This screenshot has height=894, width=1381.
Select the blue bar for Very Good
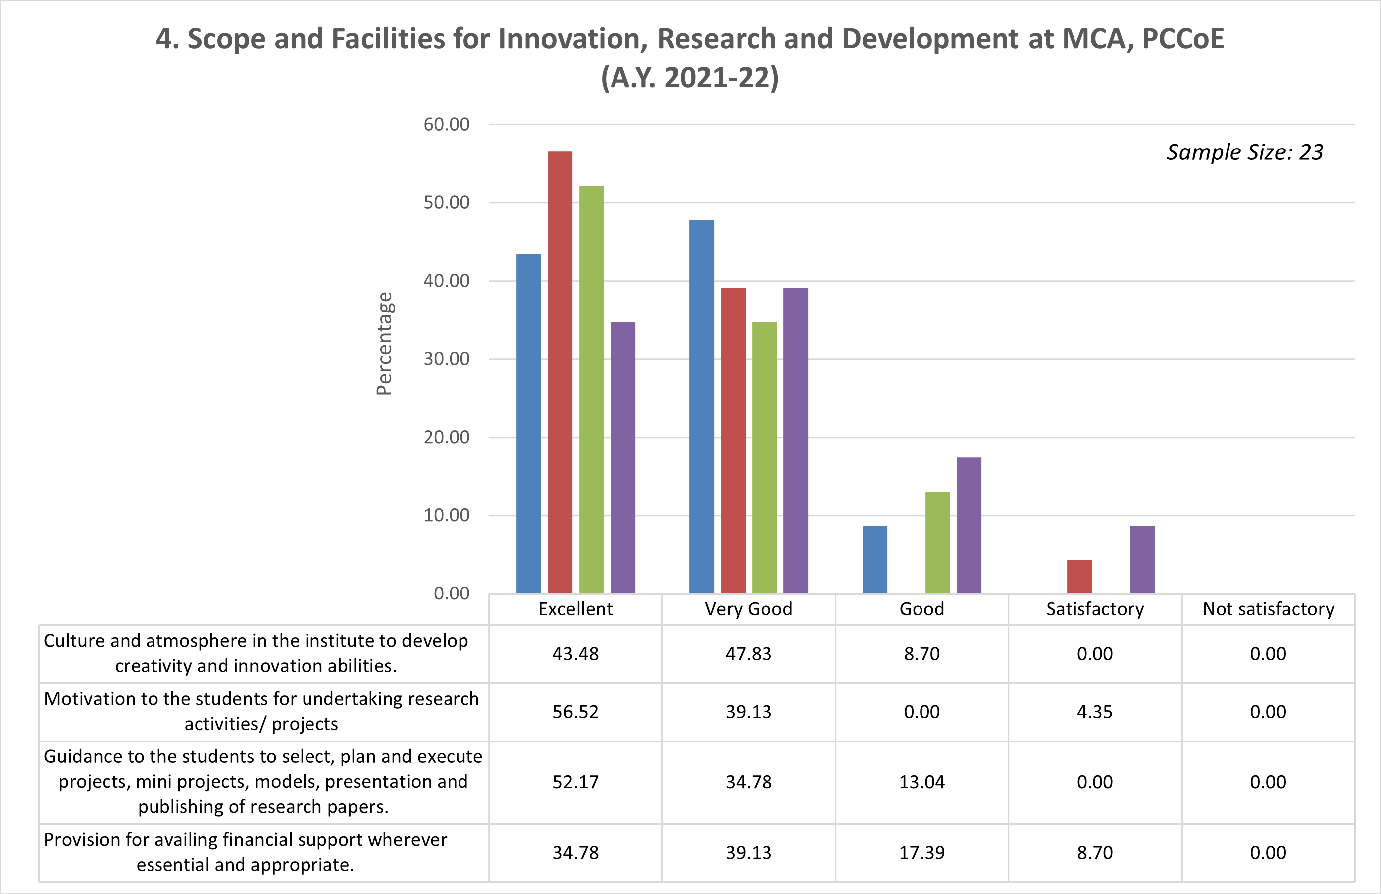click(x=702, y=406)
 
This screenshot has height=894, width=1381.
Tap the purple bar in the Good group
click(x=968, y=525)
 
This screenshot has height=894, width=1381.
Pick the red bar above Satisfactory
click(x=1079, y=576)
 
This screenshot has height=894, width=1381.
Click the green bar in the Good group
click(x=937, y=543)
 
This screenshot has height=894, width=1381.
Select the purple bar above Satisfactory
click(x=1142, y=559)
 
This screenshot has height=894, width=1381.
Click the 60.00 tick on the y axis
click(x=446, y=124)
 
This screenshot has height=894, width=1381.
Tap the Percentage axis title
click(x=384, y=343)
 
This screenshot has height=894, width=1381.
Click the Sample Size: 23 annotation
click(x=1244, y=152)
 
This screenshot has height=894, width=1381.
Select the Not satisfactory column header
click(x=1268, y=609)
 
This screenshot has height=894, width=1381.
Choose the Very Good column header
click(x=749, y=609)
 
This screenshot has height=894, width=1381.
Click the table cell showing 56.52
click(x=575, y=712)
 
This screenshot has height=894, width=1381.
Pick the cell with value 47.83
click(x=749, y=654)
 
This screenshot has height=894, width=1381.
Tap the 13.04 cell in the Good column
click(x=921, y=782)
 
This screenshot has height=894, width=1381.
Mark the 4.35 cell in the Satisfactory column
click(x=1094, y=712)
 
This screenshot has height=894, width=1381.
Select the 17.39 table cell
click(x=921, y=852)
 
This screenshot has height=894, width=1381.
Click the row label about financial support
click(x=245, y=852)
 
